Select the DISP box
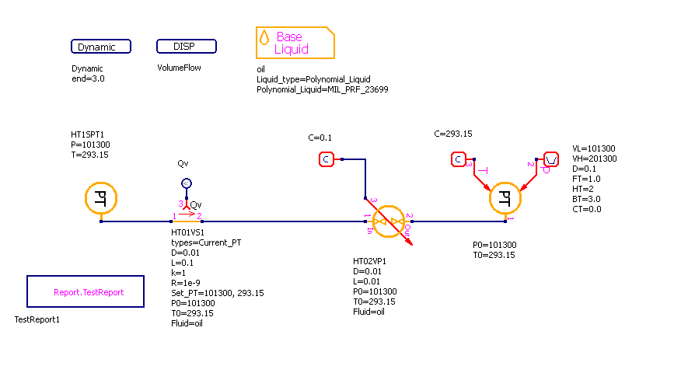point(187,47)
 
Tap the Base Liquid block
point(295,44)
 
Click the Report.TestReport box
point(86,292)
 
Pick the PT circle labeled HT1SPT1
point(100,198)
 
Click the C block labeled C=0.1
point(327,159)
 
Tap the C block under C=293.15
point(459,159)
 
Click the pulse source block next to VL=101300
point(550,159)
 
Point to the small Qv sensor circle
point(186,183)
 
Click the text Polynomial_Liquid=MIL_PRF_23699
point(322,90)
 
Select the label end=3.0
point(88,79)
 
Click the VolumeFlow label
point(179,68)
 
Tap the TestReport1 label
point(37,319)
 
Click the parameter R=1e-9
point(187,284)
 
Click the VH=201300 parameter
point(594,159)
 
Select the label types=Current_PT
point(206,243)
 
